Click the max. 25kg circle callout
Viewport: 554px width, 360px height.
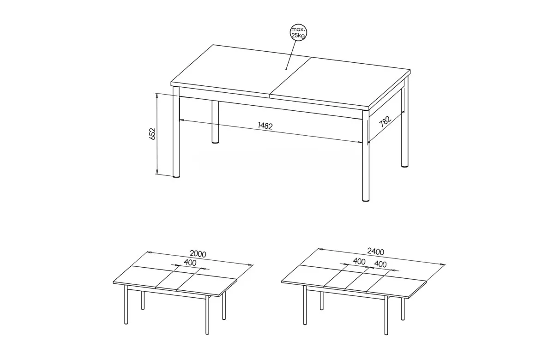(298, 32)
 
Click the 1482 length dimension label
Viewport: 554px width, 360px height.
(265, 126)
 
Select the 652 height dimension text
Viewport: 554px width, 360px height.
(153, 134)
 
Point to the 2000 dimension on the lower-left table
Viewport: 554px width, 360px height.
(198, 254)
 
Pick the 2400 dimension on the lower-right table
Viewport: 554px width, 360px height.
(376, 252)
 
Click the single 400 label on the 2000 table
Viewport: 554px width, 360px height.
(190, 263)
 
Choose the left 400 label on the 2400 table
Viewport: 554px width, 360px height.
(359, 261)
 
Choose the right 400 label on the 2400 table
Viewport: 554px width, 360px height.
(380, 264)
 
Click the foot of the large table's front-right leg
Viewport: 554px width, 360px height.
(366, 200)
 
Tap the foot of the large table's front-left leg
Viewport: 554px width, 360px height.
(176, 176)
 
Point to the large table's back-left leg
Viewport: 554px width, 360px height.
(216, 122)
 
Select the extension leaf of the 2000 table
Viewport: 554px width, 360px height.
(177, 280)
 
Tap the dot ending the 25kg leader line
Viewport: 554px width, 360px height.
(286, 70)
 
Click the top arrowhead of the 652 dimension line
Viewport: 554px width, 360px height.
(157, 95)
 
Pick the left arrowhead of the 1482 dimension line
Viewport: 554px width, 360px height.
(181, 120)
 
